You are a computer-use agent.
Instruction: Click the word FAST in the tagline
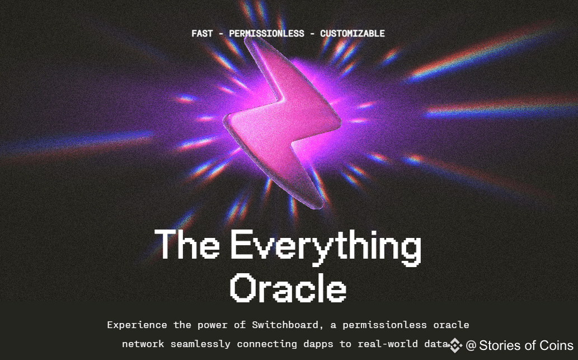coord(202,34)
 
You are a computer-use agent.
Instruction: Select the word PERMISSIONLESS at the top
coord(266,34)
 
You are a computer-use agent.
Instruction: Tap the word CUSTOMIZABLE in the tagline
coord(352,34)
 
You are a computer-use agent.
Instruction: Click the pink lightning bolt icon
coord(281,122)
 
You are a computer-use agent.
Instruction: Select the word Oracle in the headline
coord(288,288)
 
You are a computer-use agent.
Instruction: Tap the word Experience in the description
coord(137,325)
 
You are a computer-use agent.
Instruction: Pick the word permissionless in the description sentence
coord(384,325)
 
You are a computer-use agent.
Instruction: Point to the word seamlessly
coord(200,344)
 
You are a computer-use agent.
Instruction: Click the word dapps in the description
coord(318,344)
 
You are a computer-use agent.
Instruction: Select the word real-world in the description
coord(387,344)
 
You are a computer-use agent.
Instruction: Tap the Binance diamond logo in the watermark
coord(455,345)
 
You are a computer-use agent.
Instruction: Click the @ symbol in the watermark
coord(471,345)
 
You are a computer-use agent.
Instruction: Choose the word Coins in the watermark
coord(556,345)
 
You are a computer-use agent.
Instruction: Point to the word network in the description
coord(143,344)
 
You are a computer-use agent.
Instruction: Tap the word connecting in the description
coord(266,344)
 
